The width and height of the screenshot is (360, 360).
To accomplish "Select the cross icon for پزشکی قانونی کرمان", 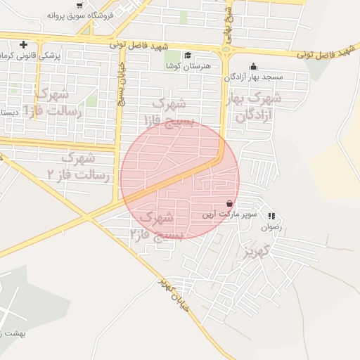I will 25,44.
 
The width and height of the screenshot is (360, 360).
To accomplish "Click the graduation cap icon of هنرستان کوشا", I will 188,56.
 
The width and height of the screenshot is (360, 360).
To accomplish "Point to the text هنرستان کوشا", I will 179,65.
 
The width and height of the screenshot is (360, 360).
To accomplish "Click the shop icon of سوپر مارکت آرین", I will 229,203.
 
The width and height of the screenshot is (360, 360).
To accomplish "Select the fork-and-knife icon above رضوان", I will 271,217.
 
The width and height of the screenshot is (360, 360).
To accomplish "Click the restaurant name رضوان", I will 271,227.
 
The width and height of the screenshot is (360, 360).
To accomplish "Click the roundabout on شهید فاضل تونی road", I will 227,49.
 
